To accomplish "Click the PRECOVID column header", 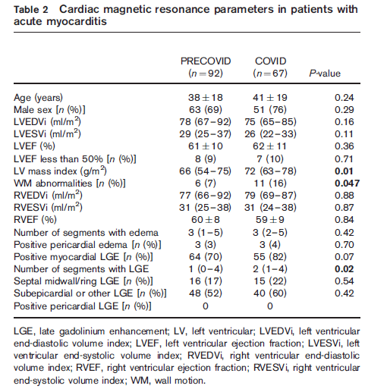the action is [206, 61].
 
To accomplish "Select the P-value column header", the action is [325, 74].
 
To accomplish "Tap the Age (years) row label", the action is [38, 98].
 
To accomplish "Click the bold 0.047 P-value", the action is [347, 184].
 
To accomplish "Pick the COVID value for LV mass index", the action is [270, 171].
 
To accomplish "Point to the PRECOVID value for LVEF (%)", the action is [206, 146].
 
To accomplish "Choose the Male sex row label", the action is [49, 110].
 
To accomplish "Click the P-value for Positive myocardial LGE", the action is [345, 257].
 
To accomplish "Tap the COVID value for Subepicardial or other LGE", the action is [270, 293].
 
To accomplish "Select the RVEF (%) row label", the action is [35, 220].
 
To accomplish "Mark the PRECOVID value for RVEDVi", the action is [205, 196].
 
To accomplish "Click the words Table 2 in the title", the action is [31, 10].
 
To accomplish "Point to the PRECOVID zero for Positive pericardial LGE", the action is [206, 306].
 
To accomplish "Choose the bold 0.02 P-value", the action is [345, 269].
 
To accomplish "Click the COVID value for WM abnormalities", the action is [270, 184].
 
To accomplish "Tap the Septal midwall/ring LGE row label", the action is [83, 281].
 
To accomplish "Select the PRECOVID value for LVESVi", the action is [205, 134].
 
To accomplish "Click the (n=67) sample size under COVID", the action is [270, 74].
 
